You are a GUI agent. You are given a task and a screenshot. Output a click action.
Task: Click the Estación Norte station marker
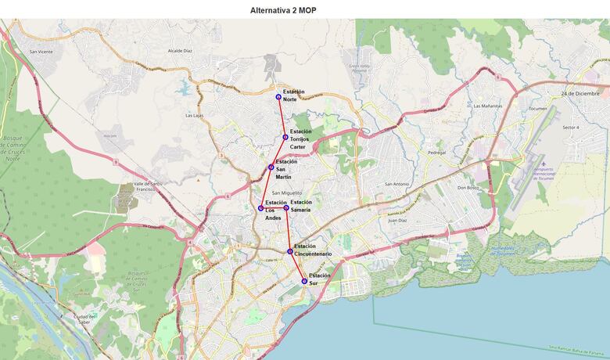pos(278,97)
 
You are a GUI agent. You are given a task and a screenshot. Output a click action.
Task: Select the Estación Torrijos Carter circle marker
pos(285,137)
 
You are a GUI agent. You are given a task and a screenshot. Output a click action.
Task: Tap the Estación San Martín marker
pos(271,167)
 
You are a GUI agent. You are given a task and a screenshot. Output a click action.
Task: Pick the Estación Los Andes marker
pos(260,208)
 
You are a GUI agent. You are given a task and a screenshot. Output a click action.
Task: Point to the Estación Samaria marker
pos(286,208)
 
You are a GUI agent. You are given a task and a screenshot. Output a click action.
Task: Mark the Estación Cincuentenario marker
pos(290,252)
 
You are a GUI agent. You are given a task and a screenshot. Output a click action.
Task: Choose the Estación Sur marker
pos(304,281)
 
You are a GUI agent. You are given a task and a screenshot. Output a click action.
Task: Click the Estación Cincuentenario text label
pos(313,250)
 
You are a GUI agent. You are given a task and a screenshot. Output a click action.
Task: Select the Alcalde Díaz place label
pos(180,50)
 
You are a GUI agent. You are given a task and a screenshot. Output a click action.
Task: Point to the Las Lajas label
pos(194,115)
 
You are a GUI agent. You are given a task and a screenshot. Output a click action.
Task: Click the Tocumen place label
pos(538,108)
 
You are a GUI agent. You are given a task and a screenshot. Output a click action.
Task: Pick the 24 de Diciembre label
pos(579,93)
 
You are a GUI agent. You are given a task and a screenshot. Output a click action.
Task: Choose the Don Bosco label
pos(468,188)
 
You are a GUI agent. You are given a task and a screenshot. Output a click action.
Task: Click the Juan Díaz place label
pos(398,221)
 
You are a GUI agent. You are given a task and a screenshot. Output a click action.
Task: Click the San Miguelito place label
pos(287,193)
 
